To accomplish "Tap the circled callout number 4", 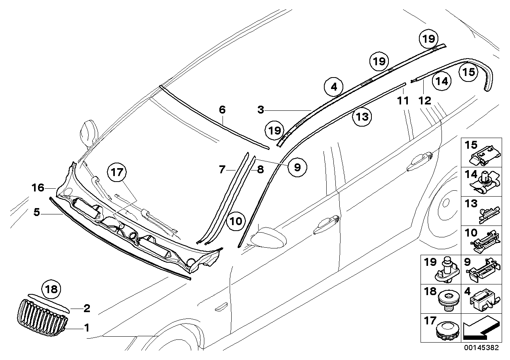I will [x=334, y=86].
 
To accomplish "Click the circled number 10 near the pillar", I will [x=236, y=221].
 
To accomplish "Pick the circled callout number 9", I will [x=297, y=167].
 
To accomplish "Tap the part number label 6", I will [x=222, y=109].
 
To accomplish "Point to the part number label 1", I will [x=86, y=328].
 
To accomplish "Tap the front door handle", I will [x=327, y=225].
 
